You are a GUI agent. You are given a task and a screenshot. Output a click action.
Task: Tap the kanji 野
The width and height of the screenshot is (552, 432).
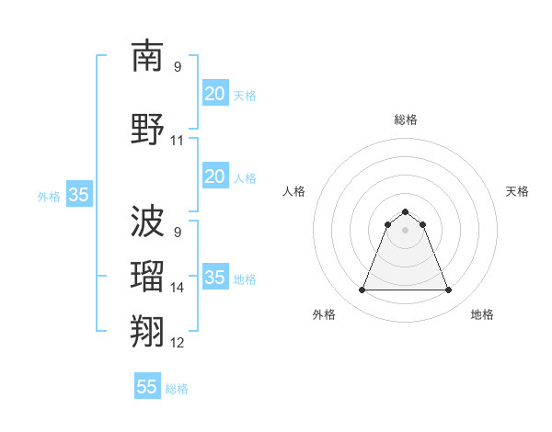[147, 128]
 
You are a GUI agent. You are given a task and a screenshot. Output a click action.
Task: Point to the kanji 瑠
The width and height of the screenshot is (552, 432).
[147, 274]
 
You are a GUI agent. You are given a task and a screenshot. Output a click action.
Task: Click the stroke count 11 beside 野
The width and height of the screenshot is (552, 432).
[178, 141]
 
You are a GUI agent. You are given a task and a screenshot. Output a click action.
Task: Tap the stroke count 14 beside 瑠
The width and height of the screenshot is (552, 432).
[178, 288]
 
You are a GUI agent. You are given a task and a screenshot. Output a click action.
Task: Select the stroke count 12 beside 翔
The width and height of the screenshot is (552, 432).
[178, 343]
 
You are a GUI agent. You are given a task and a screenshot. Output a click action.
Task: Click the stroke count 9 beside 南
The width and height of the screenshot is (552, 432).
[178, 67]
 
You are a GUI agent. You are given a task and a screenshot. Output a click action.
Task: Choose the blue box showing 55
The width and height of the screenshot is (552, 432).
[147, 387]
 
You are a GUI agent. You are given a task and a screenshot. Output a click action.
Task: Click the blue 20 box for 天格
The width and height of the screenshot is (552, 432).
[214, 93]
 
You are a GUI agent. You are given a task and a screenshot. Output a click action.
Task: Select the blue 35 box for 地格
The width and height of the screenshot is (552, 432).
[214, 277]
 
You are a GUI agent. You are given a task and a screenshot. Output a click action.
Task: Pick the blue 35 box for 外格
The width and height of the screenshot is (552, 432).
[78, 194]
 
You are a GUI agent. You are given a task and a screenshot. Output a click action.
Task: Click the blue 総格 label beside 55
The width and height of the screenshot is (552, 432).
[177, 389]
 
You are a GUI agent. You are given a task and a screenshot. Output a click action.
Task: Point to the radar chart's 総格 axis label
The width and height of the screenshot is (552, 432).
[406, 119]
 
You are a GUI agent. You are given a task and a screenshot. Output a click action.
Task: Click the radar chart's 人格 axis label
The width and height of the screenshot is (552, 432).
[294, 191]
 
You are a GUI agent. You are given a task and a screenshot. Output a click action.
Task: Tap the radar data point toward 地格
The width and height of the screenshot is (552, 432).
[449, 290]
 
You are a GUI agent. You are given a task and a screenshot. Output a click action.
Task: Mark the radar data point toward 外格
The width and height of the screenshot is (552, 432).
[362, 290]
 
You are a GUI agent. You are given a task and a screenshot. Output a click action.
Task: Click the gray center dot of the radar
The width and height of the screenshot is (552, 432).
[405, 229]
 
